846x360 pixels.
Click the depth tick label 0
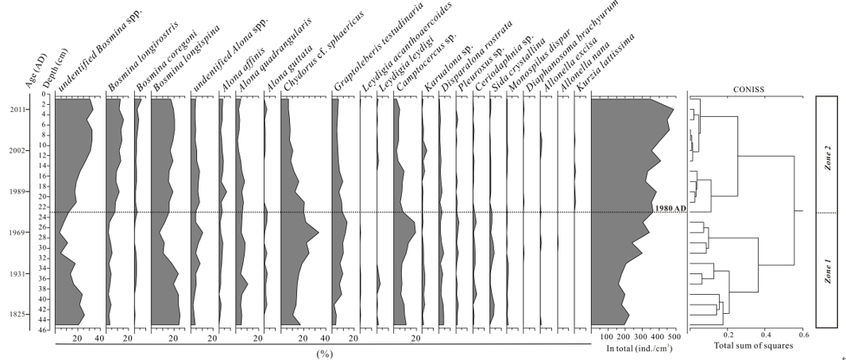click(48, 95)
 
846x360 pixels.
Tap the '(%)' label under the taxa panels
click(323, 353)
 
